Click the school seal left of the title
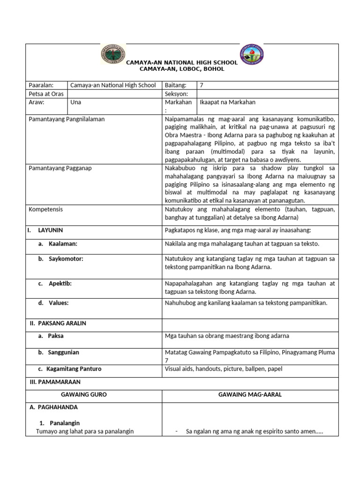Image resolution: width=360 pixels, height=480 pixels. tap(112, 55)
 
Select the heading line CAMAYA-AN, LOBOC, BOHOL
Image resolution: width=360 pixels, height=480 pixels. tap(182, 69)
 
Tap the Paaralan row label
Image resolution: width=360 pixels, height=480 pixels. tap(41, 85)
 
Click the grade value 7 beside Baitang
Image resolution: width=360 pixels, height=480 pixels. tap(202, 85)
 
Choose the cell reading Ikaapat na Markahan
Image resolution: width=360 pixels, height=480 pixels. tap(227, 102)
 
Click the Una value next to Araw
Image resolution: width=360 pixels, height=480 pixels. tap(75, 102)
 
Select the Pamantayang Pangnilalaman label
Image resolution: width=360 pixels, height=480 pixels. tap(67, 119)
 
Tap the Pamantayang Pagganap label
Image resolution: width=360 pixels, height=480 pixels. tap(60, 168)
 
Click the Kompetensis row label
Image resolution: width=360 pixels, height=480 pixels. tap(45, 210)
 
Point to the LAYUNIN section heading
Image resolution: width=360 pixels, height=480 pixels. tap(51, 231)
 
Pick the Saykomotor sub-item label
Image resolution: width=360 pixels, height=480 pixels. tap(66, 259)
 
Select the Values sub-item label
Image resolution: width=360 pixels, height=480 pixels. tap(59, 303)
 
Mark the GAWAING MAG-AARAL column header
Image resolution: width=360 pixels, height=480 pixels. tap(250, 395)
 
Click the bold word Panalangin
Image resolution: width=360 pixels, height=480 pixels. tap(66, 422)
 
